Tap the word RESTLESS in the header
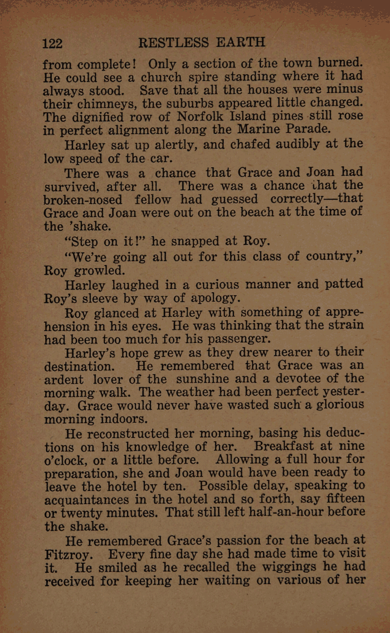tap(173, 43)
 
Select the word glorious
tap(329, 407)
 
